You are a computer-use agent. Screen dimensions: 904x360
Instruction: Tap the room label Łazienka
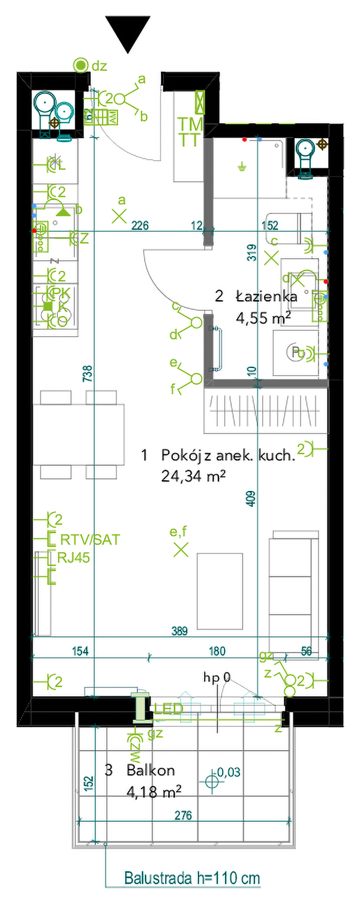coord(266,296)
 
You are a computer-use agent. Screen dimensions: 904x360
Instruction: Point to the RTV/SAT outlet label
coord(89,540)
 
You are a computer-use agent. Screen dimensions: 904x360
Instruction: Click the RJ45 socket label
coord(74,558)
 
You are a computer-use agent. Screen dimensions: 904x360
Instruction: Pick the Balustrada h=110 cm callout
coord(192,878)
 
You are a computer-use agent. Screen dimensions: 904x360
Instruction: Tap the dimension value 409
coord(251,499)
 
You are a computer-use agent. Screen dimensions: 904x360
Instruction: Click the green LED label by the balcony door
coord(169,710)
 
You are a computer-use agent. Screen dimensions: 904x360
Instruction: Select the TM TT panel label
coord(190,132)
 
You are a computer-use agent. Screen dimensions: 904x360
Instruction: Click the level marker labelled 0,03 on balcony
coord(211,781)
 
